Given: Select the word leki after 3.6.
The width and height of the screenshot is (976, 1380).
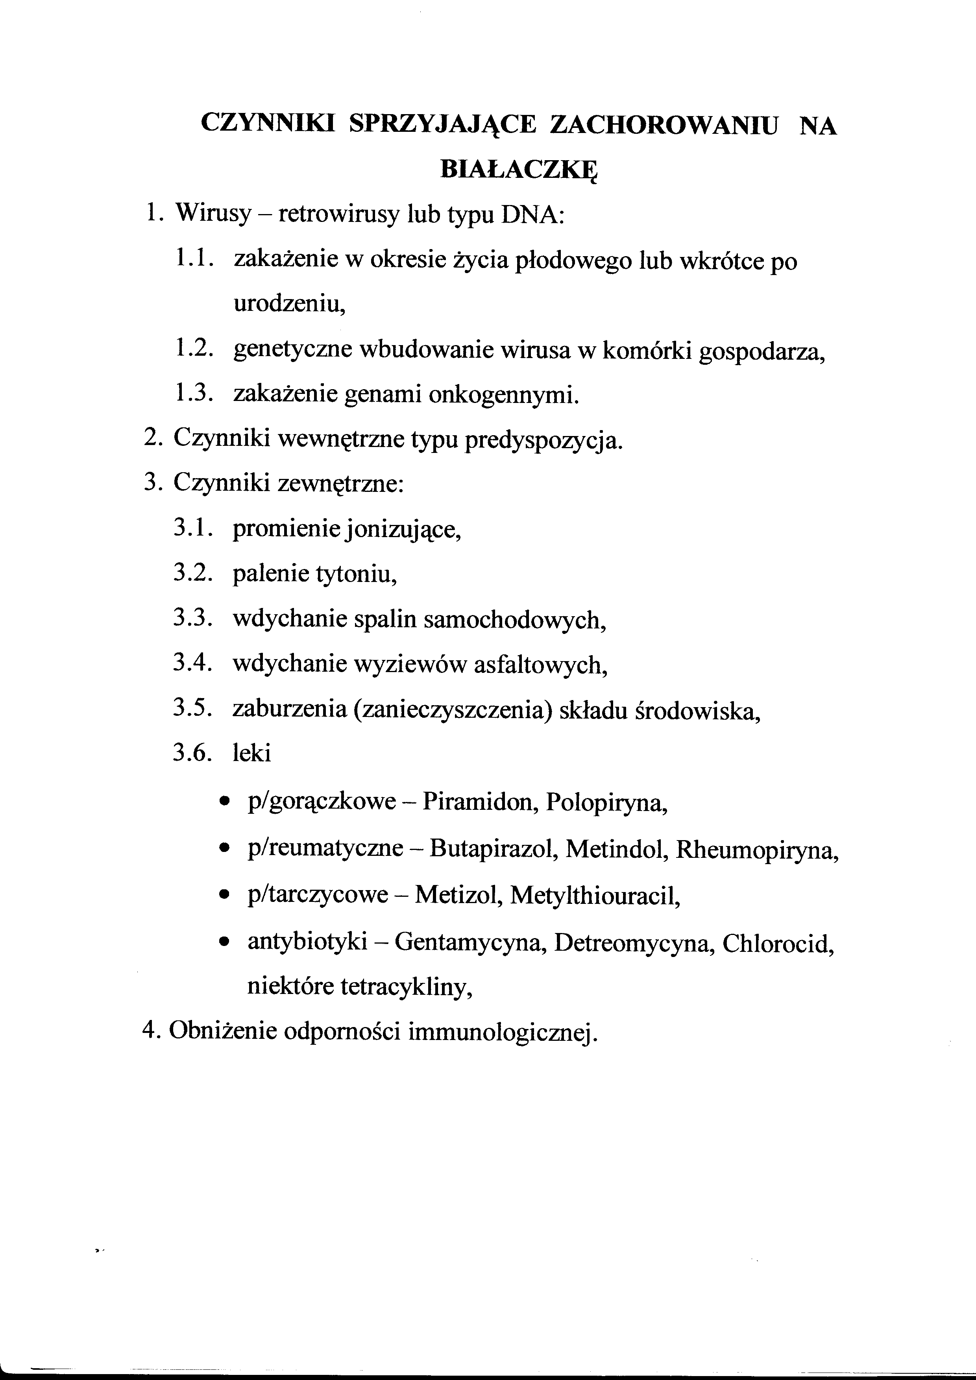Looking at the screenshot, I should [252, 753].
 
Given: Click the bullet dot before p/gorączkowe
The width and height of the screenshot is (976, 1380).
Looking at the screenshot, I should [225, 802].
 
